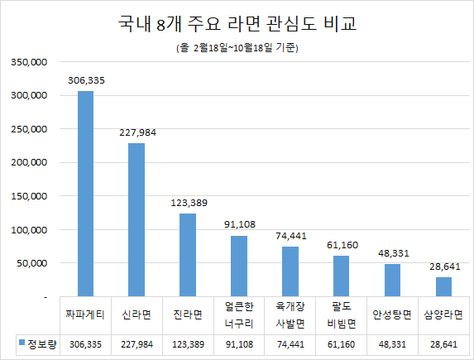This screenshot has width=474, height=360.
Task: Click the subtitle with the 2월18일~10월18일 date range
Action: coord(237,48)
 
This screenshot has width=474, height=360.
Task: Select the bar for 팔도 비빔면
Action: coord(341,276)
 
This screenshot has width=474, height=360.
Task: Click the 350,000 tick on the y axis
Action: coord(31,62)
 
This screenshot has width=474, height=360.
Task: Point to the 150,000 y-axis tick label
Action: coord(31,196)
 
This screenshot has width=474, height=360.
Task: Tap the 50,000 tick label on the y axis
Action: coord(33,263)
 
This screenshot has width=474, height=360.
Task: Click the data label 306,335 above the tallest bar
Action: coord(85,80)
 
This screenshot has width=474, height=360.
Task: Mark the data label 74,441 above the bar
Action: coord(290,236)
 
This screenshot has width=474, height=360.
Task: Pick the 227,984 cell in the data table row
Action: coord(136,343)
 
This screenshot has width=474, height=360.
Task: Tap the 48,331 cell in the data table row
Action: coord(392,343)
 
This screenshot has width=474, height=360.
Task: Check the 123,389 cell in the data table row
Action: coord(188,343)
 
